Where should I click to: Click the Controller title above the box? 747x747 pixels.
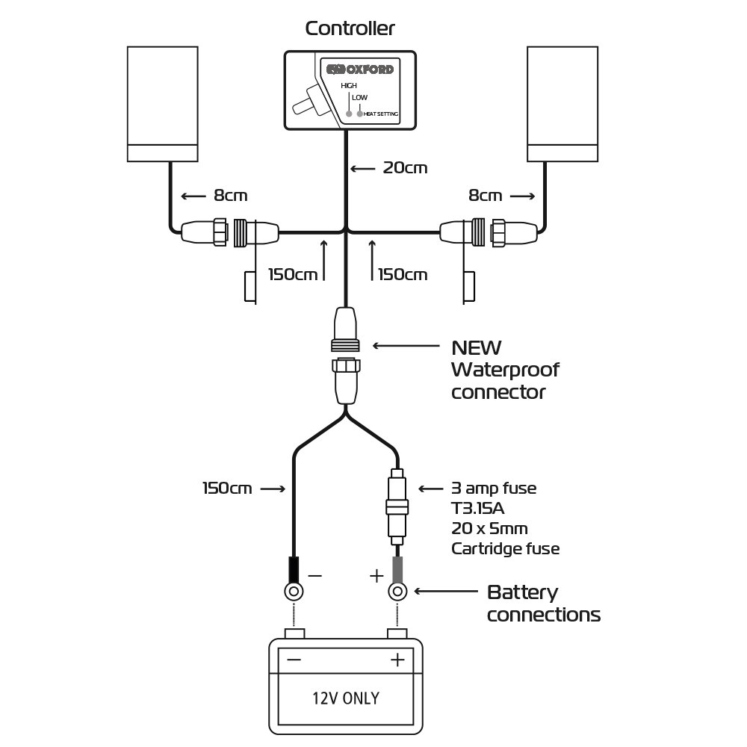(350, 28)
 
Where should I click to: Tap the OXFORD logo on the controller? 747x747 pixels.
(360, 69)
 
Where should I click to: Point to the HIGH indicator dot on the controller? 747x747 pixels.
(349, 114)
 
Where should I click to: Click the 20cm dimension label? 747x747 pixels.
(405, 168)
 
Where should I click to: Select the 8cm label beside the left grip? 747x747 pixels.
(230, 196)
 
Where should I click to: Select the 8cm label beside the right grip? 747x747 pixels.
(486, 196)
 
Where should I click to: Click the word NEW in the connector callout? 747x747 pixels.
(477, 348)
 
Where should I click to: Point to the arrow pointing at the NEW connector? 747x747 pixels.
(406, 346)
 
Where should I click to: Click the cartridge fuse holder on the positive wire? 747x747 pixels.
(397, 507)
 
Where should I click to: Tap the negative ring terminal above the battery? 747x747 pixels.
(294, 592)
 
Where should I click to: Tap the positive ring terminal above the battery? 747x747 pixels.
(397, 592)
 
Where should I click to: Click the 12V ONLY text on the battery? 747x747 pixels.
(345, 698)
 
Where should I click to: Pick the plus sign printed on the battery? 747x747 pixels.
(397, 660)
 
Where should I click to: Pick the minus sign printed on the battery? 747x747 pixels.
(294, 660)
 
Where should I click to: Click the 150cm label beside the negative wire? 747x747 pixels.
(227, 489)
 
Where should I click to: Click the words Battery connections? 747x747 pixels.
(543, 604)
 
